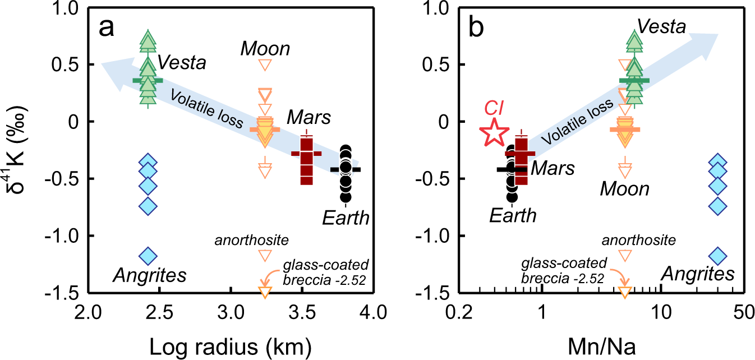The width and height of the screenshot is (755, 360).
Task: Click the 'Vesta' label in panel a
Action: click(x=182, y=63)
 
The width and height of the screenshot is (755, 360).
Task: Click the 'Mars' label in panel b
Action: click(x=553, y=167)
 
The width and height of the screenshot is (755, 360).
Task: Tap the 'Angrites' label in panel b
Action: click(x=698, y=274)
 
